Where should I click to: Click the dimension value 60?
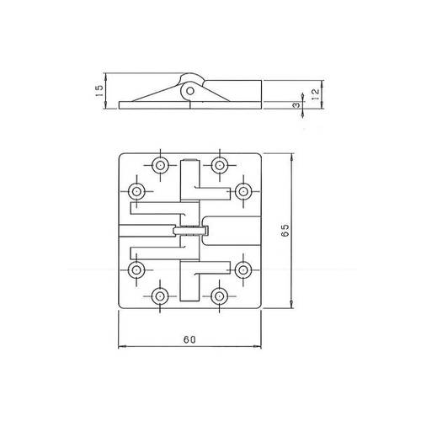click(189, 339)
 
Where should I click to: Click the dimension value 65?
click(285, 231)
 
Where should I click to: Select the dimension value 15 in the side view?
click(99, 91)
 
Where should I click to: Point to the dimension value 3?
click(296, 105)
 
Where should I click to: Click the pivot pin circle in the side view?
click(190, 91)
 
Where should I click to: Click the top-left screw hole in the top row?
click(160, 165)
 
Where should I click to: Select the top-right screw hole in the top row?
click(220, 165)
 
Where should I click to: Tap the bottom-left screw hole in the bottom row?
click(160, 296)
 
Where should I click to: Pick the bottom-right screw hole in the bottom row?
click(220, 296)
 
